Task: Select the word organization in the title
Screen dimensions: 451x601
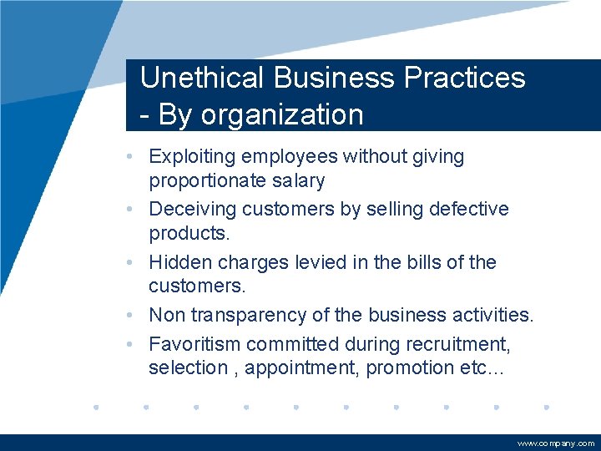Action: coord(282,114)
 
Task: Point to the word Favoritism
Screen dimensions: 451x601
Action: coord(196,344)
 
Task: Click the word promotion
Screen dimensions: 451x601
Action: coord(403,367)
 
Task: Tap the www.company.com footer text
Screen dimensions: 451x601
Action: coord(556,443)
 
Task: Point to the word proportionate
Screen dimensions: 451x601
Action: coord(220,180)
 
